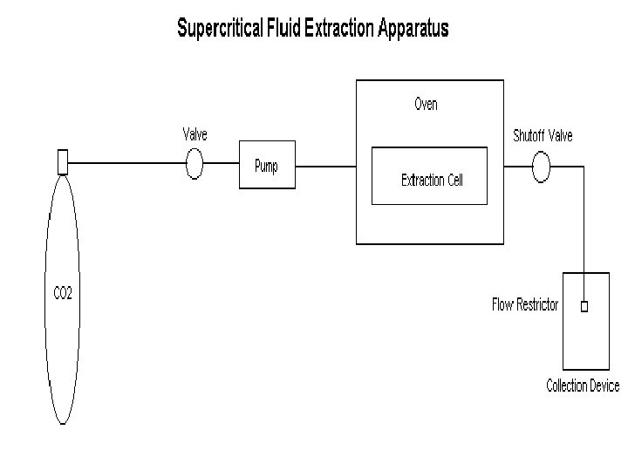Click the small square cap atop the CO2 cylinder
pyautogui.click(x=62, y=162)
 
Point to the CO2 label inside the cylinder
pyautogui.click(x=63, y=294)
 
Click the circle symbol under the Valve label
pyautogui.click(x=194, y=164)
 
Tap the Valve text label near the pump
pyautogui.click(x=195, y=134)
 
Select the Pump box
pyautogui.click(x=267, y=166)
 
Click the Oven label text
pyautogui.click(x=426, y=105)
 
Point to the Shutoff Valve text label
pyautogui.click(x=543, y=135)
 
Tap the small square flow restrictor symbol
pyautogui.click(x=584, y=306)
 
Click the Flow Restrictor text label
pyautogui.click(x=525, y=305)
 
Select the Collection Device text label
pyautogui.click(x=583, y=386)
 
